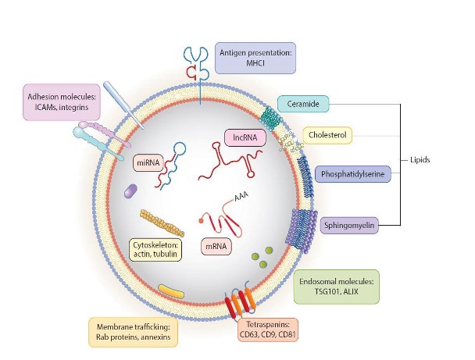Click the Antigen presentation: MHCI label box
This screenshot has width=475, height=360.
(x=255, y=58)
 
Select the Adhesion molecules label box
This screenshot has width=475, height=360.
(x=62, y=102)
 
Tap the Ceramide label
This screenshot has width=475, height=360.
(x=303, y=104)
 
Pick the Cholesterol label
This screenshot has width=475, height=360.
(x=327, y=135)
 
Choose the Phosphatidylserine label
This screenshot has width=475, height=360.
(x=353, y=174)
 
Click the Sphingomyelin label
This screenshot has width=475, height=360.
(x=349, y=225)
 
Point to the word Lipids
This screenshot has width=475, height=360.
(x=420, y=160)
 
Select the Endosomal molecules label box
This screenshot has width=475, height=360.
(x=336, y=287)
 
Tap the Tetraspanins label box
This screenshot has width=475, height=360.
(x=268, y=330)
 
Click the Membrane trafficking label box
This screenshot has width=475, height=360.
(x=134, y=332)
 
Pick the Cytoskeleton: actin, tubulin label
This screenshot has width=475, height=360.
(x=155, y=249)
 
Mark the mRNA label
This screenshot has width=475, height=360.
(x=216, y=247)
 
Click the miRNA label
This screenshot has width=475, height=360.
(x=148, y=163)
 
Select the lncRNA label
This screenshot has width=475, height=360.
(x=245, y=137)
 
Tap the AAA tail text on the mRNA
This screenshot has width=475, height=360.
(x=241, y=196)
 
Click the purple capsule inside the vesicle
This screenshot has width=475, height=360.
(x=131, y=191)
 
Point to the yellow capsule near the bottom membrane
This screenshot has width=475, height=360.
(x=171, y=291)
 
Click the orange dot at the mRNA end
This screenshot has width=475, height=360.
(x=201, y=221)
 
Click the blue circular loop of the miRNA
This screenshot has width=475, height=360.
(x=179, y=149)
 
